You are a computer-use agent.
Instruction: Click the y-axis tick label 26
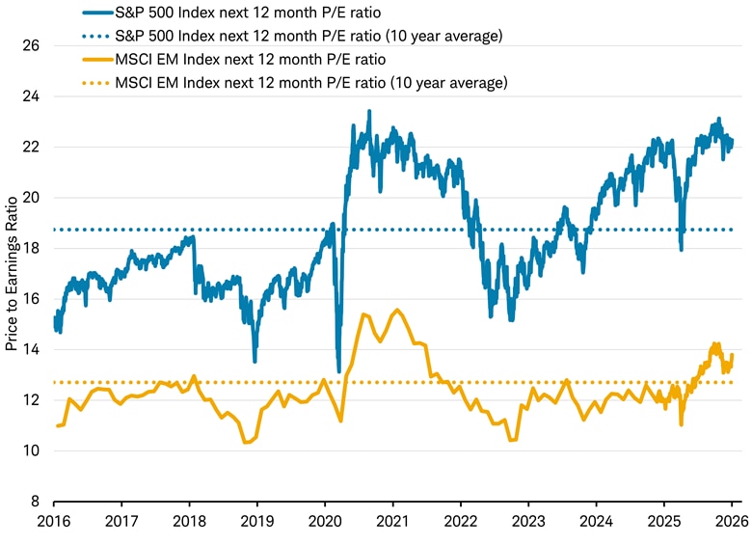(x=32, y=45)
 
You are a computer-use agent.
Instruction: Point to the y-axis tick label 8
(x=36, y=502)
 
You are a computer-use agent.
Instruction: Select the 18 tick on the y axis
(x=32, y=248)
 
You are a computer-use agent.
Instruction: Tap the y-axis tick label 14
(x=32, y=349)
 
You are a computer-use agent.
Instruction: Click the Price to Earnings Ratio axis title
(x=12, y=274)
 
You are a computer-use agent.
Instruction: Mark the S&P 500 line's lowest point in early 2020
(x=338, y=371)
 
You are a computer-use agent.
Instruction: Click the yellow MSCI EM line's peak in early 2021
(x=396, y=310)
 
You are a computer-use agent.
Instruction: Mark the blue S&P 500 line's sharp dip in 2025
(x=682, y=250)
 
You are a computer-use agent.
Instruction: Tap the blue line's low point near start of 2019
(x=255, y=361)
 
